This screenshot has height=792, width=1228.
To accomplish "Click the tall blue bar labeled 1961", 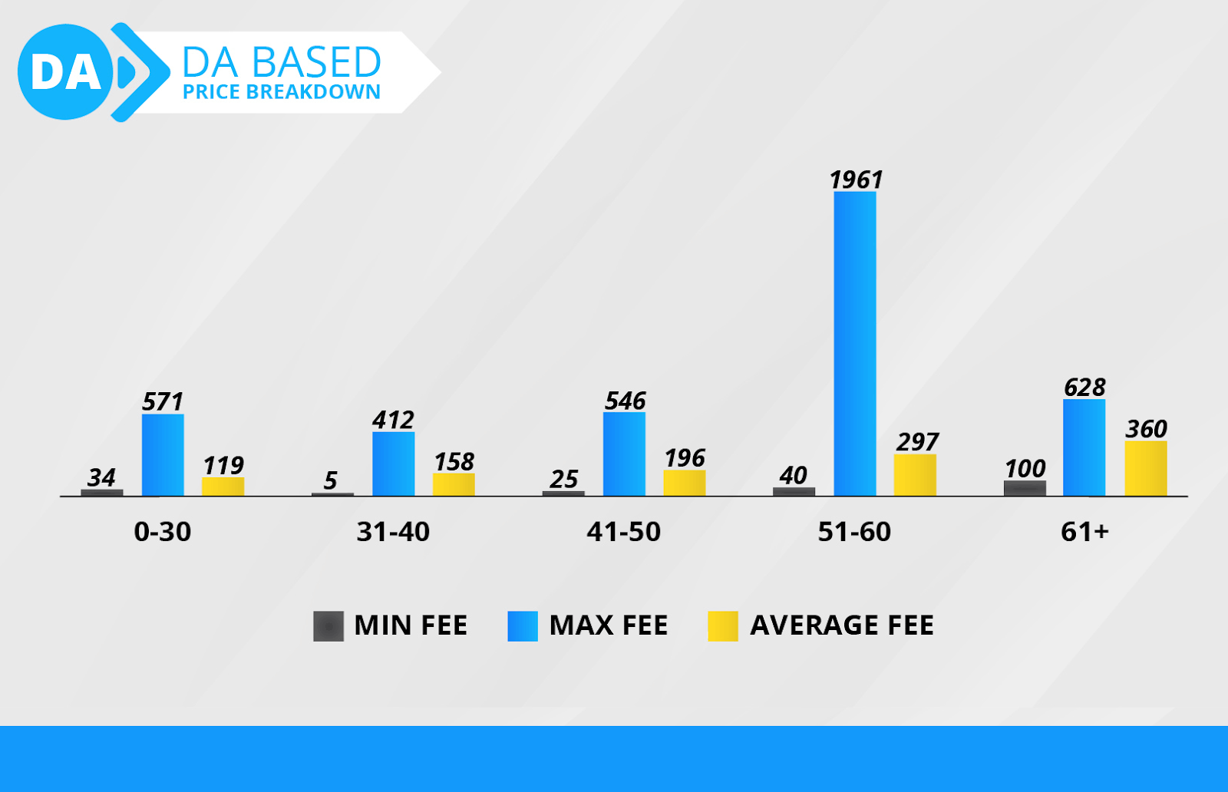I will pyautogui.click(x=855, y=343).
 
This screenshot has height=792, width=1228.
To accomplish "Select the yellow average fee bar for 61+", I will pyautogui.click(x=1145, y=468).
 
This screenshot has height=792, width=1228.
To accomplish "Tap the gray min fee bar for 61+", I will pyautogui.click(x=1025, y=488).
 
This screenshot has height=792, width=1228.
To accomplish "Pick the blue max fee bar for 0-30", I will pyautogui.click(x=163, y=454).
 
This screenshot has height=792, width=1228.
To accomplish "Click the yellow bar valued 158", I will pyautogui.click(x=454, y=484).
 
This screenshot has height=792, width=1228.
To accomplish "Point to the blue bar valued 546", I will pyautogui.click(x=624, y=454).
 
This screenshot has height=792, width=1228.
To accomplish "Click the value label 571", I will pyautogui.click(x=163, y=401).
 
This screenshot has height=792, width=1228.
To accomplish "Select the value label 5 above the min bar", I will pyautogui.click(x=330, y=480).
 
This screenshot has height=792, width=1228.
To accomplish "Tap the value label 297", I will pyautogui.click(x=917, y=441).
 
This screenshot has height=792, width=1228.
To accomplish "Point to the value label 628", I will pyautogui.click(x=1084, y=387).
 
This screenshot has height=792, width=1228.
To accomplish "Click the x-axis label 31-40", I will pyautogui.click(x=393, y=531).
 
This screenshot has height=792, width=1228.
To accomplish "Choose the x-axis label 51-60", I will pyautogui.click(x=854, y=531).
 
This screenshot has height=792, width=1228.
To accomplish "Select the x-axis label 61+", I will pyautogui.click(x=1084, y=531).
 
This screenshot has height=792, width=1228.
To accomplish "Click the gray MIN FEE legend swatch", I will pyautogui.click(x=328, y=626).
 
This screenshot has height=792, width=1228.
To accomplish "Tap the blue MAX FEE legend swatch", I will pyautogui.click(x=523, y=626).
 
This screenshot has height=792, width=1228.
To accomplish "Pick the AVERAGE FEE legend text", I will pyautogui.click(x=841, y=625).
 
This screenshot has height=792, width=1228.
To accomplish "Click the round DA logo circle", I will pyautogui.click(x=65, y=72).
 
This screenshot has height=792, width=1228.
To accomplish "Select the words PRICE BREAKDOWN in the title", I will pyautogui.click(x=282, y=92).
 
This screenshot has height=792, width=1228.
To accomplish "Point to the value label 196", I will pyautogui.click(x=685, y=458).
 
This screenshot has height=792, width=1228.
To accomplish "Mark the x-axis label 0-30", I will pyautogui.click(x=163, y=531).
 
